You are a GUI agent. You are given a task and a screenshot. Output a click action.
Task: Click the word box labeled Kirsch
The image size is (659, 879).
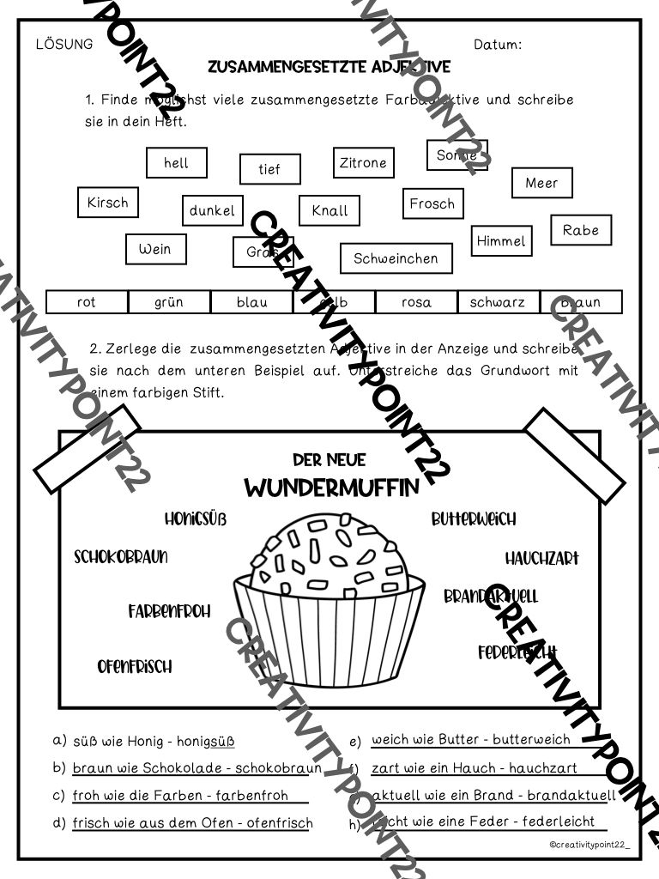pyautogui.click(x=107, y=203)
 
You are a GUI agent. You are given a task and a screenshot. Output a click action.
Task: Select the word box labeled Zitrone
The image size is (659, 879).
pyautogui.click(x=362, y=162)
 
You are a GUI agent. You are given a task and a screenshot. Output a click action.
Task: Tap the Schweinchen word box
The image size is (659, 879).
pyautogui.click(x=396, y=258)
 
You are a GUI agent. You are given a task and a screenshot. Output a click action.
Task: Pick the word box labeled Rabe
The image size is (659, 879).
pyautogui.click(x=580, y=230)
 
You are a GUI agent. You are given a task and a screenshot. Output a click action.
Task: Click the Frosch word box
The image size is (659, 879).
pyautogui.click(x=432, y=203)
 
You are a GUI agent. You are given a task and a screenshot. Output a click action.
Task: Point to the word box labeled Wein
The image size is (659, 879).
pyautogui.click(x=155, y=250)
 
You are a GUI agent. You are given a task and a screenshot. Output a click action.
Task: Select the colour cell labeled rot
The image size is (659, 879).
pyautogui.click(x=87, y=302)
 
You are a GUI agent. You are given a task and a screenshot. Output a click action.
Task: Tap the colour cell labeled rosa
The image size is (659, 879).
pyautogui.click(x=416, y=302)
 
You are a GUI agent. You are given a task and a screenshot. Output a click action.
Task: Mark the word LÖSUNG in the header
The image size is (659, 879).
pyautogui.click(x=64, y=45)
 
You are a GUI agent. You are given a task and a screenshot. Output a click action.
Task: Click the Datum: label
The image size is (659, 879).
pyautogui.click(x=497, y=45)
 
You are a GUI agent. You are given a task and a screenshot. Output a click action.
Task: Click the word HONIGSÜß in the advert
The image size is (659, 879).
pyautogui.click(x=195, y=518)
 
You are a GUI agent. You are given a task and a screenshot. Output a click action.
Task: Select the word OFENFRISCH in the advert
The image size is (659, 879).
pyautogui.click(x=134, y=666)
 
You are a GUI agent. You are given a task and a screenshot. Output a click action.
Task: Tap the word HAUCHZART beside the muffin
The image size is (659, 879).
pyautogui.click(x=541, y=558)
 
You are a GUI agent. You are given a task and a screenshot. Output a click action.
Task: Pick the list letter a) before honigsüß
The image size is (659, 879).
pyautogui.click(x=59, y=740)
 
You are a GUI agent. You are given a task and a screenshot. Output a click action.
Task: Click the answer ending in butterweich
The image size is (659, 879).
pyautogui.click(x=470, y=740)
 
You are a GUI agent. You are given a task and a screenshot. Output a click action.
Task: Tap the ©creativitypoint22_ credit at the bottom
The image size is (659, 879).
pyautogui.click(x=589, y=846)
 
